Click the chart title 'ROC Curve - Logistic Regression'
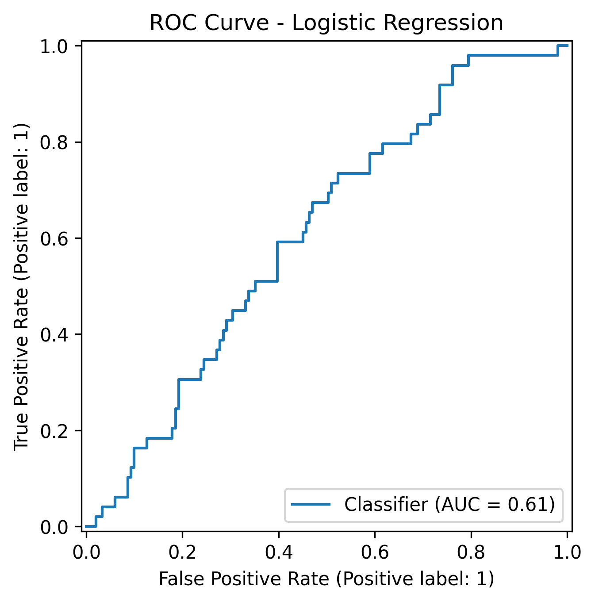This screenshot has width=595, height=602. point(326,23)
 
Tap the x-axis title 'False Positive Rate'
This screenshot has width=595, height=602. point(326,579)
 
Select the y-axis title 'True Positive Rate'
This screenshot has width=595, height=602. point(21,286)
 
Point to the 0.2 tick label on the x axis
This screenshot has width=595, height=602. point(182,553)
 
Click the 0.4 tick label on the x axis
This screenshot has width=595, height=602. point(278,553)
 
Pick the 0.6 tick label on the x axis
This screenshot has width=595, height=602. point(375,553)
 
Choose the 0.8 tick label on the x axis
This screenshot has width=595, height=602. point(471,553)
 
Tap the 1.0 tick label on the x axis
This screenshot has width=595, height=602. point(567,553)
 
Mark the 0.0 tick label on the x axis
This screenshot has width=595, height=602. point(86,553)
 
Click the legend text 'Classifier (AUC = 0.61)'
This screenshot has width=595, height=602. point(449,505)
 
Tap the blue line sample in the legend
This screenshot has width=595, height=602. point(311,505)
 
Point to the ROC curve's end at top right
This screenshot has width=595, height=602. point(567,46)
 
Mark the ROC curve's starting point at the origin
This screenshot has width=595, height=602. point(86,526)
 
